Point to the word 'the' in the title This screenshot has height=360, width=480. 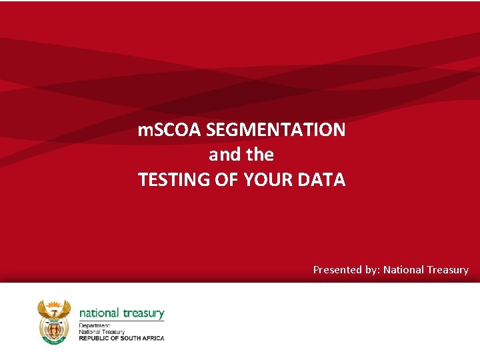click(260, 155)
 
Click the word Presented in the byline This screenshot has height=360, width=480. click(338, 270)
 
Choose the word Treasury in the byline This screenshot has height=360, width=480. click(447, 270)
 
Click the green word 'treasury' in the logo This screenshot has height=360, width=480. click(143, 313)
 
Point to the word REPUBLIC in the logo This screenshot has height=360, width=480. click(94, 338)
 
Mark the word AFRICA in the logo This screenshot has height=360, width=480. click(151, 338)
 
